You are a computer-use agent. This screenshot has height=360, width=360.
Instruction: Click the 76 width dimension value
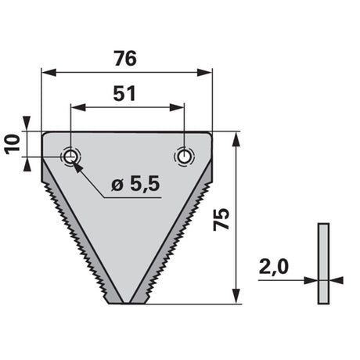pos(125,59)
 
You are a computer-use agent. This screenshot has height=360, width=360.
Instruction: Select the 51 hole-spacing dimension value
pos(124,94)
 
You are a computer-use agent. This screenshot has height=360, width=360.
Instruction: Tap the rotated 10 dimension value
pos(13,144)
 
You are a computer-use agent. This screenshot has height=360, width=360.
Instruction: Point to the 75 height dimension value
pos(221,219)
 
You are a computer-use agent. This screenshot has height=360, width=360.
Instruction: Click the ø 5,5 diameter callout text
pos(135,184)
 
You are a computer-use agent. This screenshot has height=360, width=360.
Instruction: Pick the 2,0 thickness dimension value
pos(274,267)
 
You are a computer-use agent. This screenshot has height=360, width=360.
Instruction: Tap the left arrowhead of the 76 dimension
pos(49,73)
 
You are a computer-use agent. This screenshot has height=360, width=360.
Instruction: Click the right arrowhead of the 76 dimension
pos(204,73)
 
